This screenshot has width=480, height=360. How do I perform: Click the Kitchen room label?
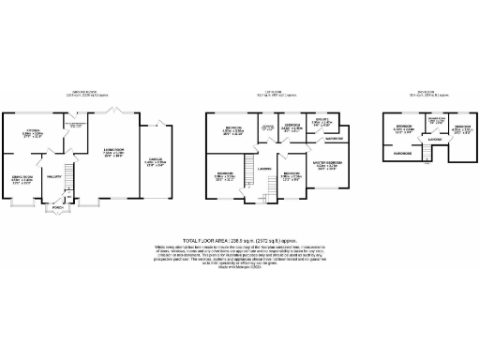[33, 131]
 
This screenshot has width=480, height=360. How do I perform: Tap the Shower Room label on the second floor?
[436, 121]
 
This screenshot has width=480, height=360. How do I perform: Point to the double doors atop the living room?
[115, 111]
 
